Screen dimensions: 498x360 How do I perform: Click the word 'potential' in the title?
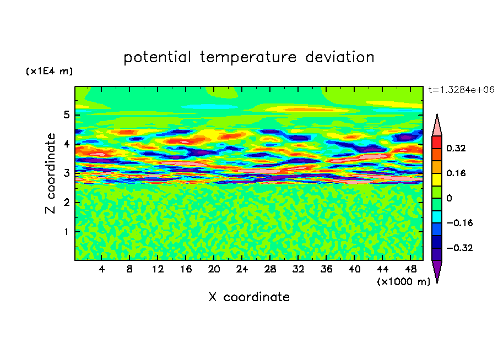157,57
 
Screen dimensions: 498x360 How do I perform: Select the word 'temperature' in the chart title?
248,57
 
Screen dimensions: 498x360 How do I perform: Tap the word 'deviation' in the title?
339,57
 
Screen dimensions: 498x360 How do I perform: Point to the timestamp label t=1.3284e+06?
461,90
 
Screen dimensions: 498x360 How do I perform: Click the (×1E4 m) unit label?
49,71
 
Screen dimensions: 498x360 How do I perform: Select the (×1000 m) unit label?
403,281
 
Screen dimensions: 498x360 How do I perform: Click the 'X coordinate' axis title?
249,297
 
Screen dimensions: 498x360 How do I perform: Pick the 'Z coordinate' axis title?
50,173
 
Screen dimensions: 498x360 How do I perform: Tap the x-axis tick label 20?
214,269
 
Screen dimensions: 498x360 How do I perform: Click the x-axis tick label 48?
410,269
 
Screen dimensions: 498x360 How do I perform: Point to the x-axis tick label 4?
101,269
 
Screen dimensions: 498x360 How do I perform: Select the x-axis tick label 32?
298,269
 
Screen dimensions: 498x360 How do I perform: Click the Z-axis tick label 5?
66,114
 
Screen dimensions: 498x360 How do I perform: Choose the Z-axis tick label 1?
66,232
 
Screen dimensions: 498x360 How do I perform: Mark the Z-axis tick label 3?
66,173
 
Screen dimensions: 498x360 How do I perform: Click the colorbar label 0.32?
456,148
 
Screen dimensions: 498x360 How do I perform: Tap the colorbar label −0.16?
459,223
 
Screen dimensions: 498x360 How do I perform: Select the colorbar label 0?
449,198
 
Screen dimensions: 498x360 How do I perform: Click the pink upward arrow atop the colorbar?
437,125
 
